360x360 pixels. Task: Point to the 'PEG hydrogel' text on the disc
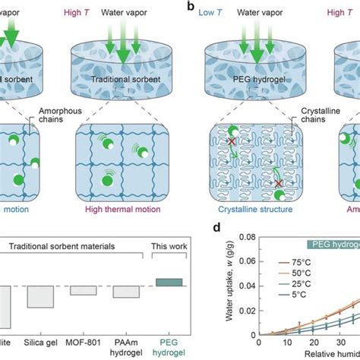pos(242,78)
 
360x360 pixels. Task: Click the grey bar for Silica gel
pos(39,296)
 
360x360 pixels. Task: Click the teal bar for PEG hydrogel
pos(168,282)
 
